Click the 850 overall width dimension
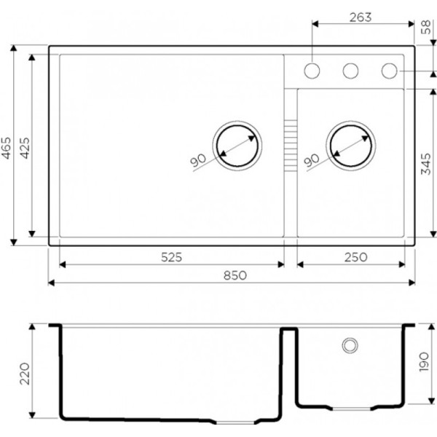[231, 275]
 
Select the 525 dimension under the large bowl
[171, 257]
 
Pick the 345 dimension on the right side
[428, 165]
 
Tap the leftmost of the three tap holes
[312, 71]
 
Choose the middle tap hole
[351, 71]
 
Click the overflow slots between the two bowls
[290, 145]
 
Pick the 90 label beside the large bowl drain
[198, 161]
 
